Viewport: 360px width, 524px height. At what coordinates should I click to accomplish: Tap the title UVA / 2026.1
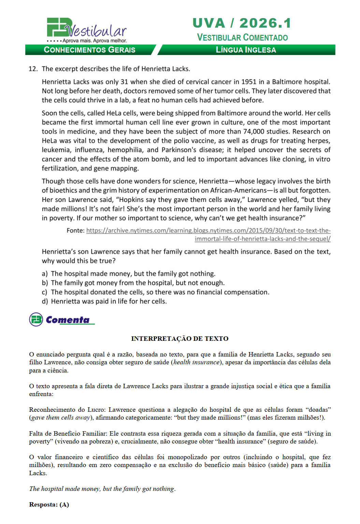[x=242, y=23]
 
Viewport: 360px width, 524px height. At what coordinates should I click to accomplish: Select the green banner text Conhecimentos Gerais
[x=89, y=50]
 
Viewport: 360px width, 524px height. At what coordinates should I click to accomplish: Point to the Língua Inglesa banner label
[x=246, y=50]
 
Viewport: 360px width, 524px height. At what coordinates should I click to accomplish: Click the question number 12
[x=33, y=69]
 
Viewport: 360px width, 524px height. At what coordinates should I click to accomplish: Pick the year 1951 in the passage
[x=248, y=82]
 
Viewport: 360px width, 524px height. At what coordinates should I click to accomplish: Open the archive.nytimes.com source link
[x=208, y=231]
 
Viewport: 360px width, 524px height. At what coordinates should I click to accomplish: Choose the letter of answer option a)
[x=45, y=274]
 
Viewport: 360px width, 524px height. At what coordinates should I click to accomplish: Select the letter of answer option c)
[x=45, y=292]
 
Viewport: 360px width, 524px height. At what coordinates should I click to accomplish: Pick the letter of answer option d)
[x=45, y=302]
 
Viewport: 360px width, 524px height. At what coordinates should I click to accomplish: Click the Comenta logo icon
[x=36, y=320]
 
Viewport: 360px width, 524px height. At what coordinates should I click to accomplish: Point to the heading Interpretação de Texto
[x=180, y=339]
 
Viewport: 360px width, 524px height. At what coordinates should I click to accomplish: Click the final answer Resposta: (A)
[x=49, y=505]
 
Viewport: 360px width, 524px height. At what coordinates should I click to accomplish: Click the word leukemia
[x=56, y=150]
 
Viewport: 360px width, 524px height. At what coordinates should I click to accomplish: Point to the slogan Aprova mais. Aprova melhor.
[x=95, y=41]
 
